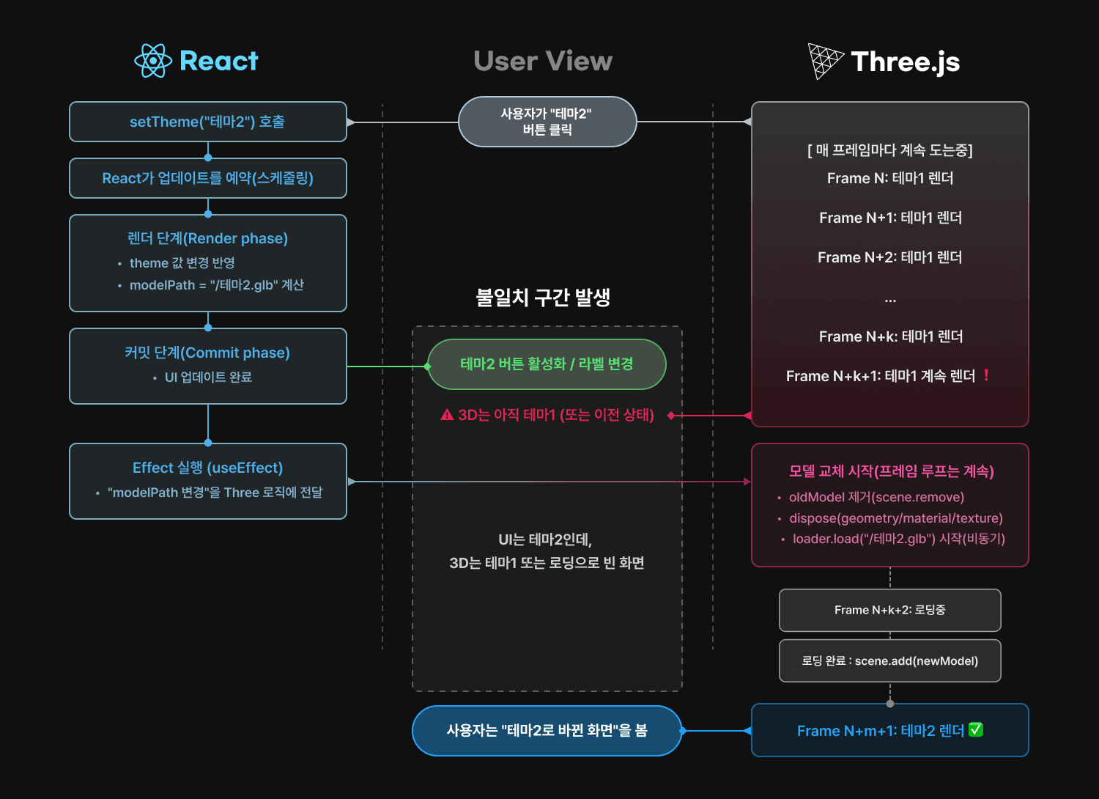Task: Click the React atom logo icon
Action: click(x=153, y=61)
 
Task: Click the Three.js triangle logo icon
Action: click(x=825, y=61)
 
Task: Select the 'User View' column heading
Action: click(x=543, y=61)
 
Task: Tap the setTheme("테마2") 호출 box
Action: click(x=207, y=122)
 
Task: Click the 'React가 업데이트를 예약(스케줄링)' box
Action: click(x=207, y=178)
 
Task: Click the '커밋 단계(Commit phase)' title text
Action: click(x=207, y=353)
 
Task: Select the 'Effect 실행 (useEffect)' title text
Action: click(x=207, y=468)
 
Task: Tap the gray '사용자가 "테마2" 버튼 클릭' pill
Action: click(x=547, y=122)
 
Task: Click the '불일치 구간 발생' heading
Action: click(x=543, y=298)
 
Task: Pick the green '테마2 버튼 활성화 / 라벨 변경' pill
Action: click(x=547, y=364)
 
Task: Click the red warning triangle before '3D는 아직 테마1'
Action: click(x=447, y=415)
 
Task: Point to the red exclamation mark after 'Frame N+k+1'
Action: click(x=986, y=375)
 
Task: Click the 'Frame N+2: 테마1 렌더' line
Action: click(x=889, y=257)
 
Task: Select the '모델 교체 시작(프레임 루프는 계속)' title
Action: click(x=891, y=471)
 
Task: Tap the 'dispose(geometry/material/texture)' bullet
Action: click(x=895, y=518)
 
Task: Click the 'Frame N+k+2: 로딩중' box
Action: click(x=889, y=610)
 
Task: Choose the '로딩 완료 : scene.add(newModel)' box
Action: click(x=889, y=661)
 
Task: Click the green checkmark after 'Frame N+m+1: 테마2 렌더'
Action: click(x=976, y=730)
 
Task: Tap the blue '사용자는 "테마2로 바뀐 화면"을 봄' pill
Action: click(x=547, y=730)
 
